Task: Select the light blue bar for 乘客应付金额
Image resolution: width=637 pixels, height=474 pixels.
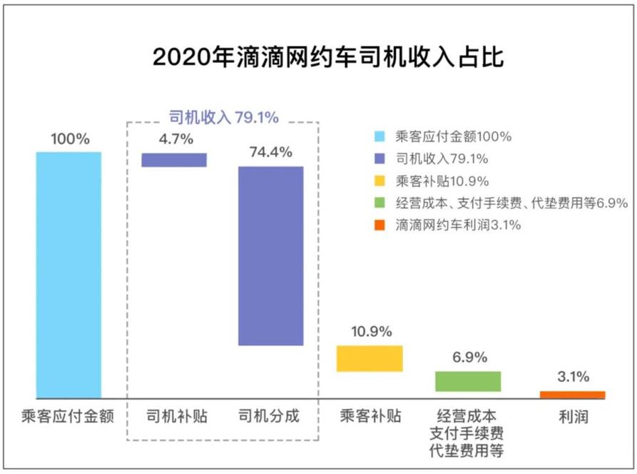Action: tap(68, 274)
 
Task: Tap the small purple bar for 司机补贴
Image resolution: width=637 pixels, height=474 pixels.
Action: tap(174, 160)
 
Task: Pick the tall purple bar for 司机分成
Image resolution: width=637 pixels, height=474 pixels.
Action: tap(270, 256)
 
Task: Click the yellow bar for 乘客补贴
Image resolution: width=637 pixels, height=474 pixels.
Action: tap(370, 358)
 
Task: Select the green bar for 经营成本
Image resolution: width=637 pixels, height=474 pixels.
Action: tap(468, 381)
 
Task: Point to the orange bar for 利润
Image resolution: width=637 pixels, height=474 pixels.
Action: tap(572, 395)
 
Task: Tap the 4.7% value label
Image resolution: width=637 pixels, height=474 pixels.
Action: tap(175, 140)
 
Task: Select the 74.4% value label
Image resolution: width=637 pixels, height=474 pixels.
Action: tap(270, 152)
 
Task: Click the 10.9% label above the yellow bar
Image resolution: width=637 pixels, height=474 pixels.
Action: tap(371, 332)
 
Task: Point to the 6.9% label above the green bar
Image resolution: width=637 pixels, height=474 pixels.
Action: tap(469, 357)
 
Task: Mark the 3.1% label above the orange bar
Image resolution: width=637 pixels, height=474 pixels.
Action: tap(573, 378)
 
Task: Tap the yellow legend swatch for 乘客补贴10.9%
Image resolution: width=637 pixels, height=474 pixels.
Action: tap(379, 181)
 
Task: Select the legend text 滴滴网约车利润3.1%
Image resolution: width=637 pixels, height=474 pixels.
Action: tap(457, 225)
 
